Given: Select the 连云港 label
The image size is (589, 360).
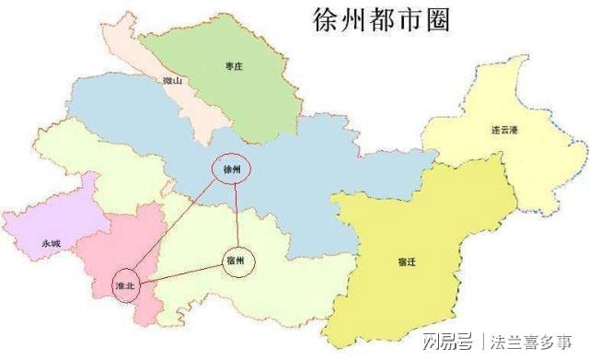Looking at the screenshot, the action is [x=504, y=130].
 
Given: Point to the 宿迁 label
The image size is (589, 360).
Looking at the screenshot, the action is [x=408, y=262].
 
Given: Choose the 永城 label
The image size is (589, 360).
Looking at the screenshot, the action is [x=51, y=243].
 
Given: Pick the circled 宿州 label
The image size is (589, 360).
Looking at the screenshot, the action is [x=237, y=261].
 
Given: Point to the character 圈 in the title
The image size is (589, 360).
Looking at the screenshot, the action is [x=436, y=20].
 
